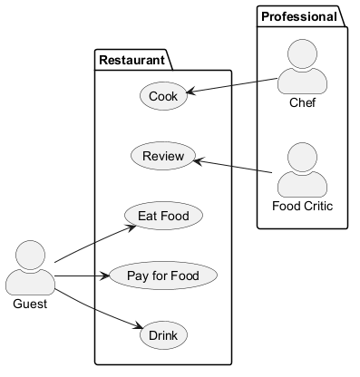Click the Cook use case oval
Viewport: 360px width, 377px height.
pyautogui.click(x=163, y=96)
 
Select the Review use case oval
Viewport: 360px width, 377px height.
pyautogui.click(x=163, y=156)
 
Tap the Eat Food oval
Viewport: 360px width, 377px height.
pyautogui.click(x=163, y=216)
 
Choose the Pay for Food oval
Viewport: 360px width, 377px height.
pyautogui.click(x=163, y=275)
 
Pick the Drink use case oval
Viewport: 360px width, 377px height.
pyautogui.click(x=163, y=335)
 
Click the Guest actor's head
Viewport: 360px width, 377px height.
pyautogui.click(x=30, y=256)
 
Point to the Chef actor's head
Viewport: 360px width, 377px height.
pyautogui.click(x=302, y=54)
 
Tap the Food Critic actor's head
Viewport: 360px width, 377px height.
pyautogui.click(x=302, y=158)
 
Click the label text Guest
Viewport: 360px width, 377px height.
pyautogui.click(x=30, y=304)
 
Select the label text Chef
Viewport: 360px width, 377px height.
pyautogui.click(x=302, y=102)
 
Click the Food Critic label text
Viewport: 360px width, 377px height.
pyautogui.click(x=302, y=206)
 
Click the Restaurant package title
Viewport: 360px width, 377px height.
pyautogui.click(x=131, y=60)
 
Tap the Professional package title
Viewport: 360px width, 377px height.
pyautogui.click(x=299, y=16)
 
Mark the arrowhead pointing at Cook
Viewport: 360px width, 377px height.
pyautogui.click(x=191, y=92)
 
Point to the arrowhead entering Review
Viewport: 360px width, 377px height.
pyautogui.click(x=199, y=161)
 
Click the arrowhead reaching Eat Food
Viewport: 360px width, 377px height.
pyautogui.click(x=132, y=227)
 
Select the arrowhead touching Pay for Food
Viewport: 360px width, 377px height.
pyautogui.click(x=104, y=275)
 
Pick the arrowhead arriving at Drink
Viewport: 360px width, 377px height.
pyautogui.click(x=138, y=325)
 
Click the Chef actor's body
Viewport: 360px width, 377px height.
pyautogui.click(x=302, y=82)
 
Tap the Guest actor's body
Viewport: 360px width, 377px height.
pyautogui.click(x=30, y=282)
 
